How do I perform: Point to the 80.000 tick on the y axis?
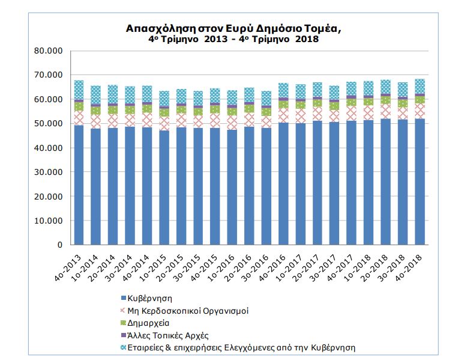[48, 50]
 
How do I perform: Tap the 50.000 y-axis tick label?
[48, 124]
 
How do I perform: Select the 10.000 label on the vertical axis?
[48, 221]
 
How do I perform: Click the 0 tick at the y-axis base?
[60, 245]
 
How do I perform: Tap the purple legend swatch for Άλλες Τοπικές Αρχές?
[123, 335]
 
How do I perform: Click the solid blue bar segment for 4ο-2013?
[79, 185]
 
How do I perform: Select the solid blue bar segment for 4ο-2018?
[420, 181]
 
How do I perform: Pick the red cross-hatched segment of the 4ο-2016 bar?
[283, 115]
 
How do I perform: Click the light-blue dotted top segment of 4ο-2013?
[79, 90]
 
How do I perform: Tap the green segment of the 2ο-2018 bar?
[386, 100]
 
